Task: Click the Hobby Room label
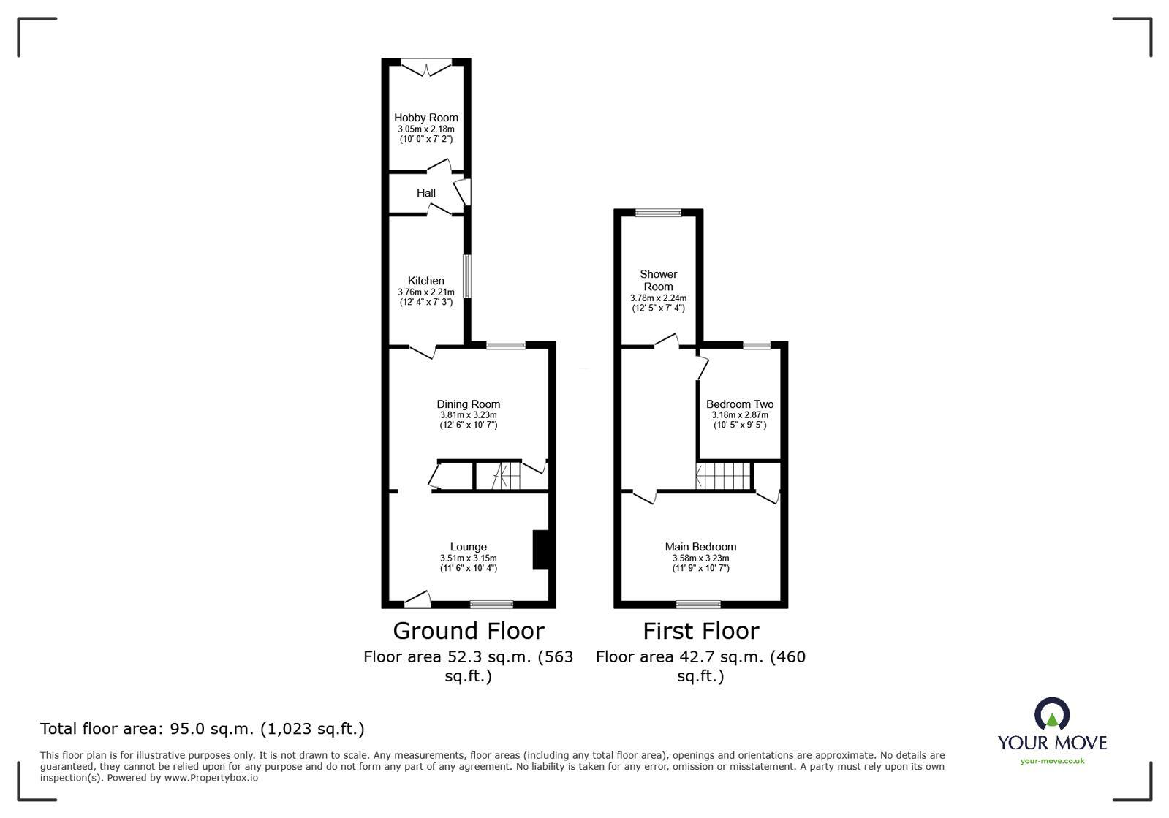[425, 118]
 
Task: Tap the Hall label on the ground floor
[425, 193]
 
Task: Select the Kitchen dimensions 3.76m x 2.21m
[425, 292]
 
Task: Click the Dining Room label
[468, 404]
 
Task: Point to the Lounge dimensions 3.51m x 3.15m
[468, 558]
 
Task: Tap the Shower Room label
[658, 280]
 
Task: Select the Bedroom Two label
[739, 404]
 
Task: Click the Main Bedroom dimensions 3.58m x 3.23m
[700, 558]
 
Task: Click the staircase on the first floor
[724, 476]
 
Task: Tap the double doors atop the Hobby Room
[427, 67]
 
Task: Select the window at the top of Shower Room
[658, 213]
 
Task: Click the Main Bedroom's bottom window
[698, 604]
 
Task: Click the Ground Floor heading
[468, 631]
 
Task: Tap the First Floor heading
[700, 631]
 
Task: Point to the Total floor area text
[202, 729]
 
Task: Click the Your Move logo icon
[1051, 714]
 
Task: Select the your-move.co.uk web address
[1052, 761]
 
